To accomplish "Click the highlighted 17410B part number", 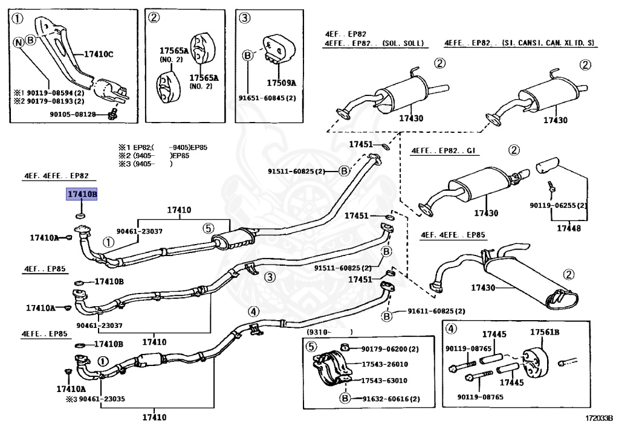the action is click(82, 194).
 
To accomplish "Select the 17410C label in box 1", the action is click(99, 54).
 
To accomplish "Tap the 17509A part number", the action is click(281, 83).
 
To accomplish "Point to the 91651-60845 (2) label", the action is click(267, 98).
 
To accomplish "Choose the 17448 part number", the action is click(569, 228).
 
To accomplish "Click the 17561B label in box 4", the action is click(545, 332).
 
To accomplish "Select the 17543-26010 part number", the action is click(385, 364).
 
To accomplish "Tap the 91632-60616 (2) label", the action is click(391, 399).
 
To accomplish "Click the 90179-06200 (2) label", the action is click(390, 349).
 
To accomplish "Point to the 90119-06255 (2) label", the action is click(558, 205).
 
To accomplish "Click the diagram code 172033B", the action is click(599, 417).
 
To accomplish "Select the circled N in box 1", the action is click(19, 42).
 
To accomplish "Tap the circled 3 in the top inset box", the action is click(245, 18).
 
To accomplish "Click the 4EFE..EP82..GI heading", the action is click(443, 150).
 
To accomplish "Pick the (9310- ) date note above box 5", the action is click(329, 332).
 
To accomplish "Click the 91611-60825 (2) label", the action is click(436, 311).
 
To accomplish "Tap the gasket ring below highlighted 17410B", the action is click(80, 216).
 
